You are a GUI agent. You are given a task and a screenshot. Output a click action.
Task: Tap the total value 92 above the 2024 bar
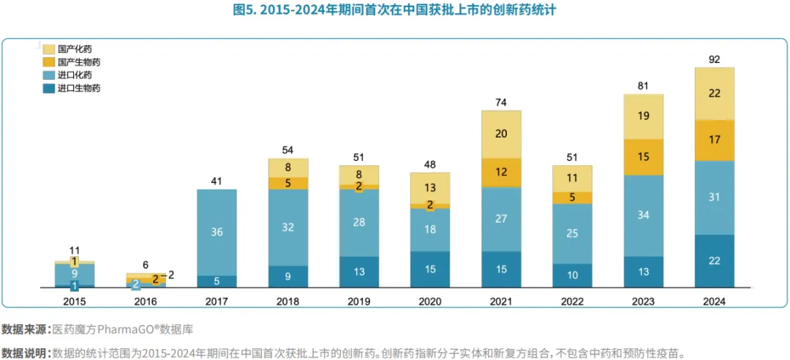tap(714, 58)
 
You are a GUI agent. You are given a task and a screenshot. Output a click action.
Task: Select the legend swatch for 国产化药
tap(49, 49)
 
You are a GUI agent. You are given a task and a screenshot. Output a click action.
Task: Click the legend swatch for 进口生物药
tap(49, 89)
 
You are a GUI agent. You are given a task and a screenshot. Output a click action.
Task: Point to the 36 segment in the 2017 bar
tap(217, 232)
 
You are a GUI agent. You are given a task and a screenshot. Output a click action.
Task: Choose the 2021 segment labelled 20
tap(501, 134)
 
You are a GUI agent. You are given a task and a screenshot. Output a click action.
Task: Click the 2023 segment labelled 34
tap(643, 215)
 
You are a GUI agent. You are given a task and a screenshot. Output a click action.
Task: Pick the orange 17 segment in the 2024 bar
tap(714, 140)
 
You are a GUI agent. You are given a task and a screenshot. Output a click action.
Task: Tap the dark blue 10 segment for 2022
tap(572, 275)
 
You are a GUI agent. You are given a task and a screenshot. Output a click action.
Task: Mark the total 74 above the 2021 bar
tap(501, 102)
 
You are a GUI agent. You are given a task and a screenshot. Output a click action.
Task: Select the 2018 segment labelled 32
tap(288, 227)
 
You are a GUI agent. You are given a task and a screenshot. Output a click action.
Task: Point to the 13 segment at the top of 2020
tap(430, 188)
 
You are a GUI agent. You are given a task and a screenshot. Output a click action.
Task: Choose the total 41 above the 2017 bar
tap(217, 180)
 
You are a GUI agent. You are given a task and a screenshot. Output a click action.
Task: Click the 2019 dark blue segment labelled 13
tap(359, 271)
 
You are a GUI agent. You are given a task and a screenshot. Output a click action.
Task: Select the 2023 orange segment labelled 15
tap(643, 157)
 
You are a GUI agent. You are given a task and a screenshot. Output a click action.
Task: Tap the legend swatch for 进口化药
tap(49, 75)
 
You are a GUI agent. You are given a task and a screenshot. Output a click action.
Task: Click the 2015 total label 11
tap(75, 250)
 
